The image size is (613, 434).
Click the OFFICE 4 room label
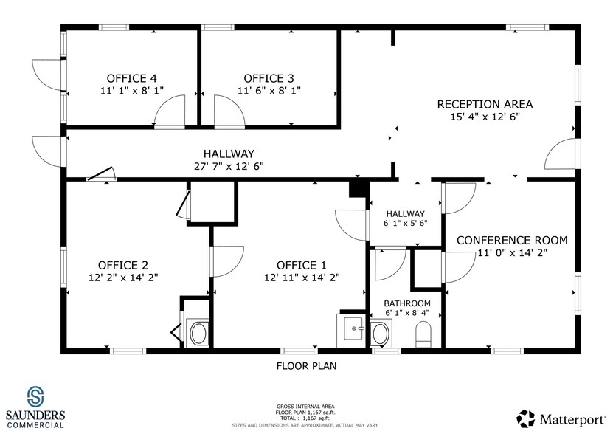(131, 78)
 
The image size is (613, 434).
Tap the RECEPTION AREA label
(485, 104)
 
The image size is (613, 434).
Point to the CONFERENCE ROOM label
(511, 240)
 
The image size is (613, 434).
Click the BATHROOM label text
(406, 303)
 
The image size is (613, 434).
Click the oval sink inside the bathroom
(380, 334)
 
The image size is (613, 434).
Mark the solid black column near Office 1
(359, 188)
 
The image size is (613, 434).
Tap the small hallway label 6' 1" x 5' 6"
(405, 222)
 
